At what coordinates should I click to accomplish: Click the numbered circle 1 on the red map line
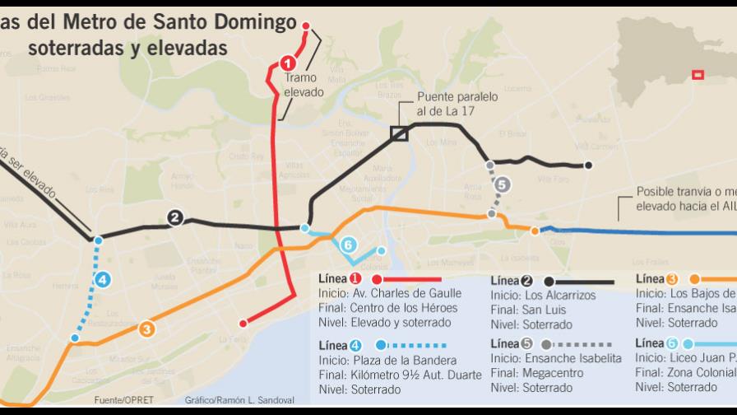pyautogui.click(x=287, y=62)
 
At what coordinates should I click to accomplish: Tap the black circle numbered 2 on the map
pyautogui.click(x=174, y=218)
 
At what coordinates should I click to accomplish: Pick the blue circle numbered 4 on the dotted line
pyautogui.click(x=103, y=280)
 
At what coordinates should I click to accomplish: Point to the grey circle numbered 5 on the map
pyautogui.click(x=503, y=185)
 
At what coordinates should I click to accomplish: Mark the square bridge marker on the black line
pyautogui.click(x=399, y=133)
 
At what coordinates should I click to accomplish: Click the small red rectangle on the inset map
pyautogui.click(x=698, y=75)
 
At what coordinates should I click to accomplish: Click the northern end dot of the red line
pyautogui.click(x=307, y=26)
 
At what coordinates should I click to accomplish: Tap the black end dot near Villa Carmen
pyautogui.click(x=588, y=166)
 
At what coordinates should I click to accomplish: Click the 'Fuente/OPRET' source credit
pyautogui.click(x=122, y=401)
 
